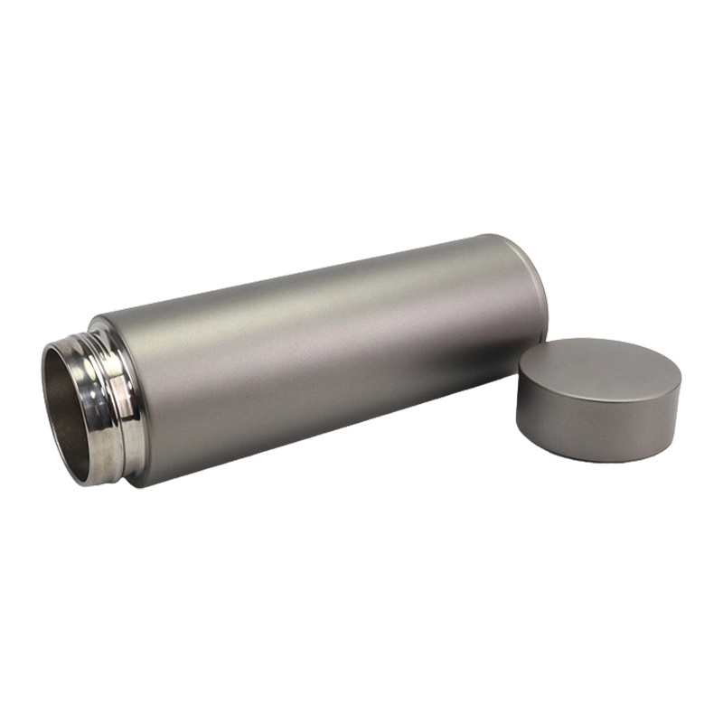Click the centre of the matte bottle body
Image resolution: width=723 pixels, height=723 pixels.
[316, 361]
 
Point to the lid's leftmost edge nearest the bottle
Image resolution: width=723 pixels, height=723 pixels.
[519, 398]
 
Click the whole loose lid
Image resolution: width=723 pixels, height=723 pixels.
[599, 398]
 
